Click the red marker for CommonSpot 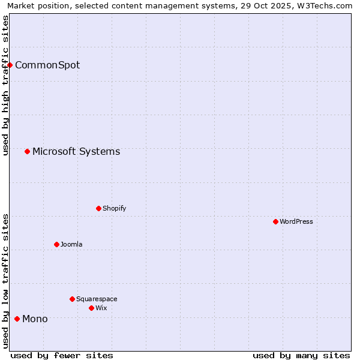tap(10, 65)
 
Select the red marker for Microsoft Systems tap(28, 151)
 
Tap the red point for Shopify tap(99, 208)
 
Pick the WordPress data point tap(276, 221)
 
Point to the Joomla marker tap(57, 244)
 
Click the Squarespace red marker tap(73, 299)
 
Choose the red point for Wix tap(92, 308)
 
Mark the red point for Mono tap(17, 319)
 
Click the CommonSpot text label tap(47, 65)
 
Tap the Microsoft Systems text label tap(76, 151)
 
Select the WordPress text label tap(296, 221)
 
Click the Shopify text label tap(114, 208)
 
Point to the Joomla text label tap(71, 244)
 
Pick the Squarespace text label tap(97, 299)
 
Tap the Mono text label tap(35, 319)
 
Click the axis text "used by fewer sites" tap(62, 355)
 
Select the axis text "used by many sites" tap(301, 355)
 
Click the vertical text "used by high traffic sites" tap(5, 85)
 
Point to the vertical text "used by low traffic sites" tap(5, 281)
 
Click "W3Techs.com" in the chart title tap(328, 5)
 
